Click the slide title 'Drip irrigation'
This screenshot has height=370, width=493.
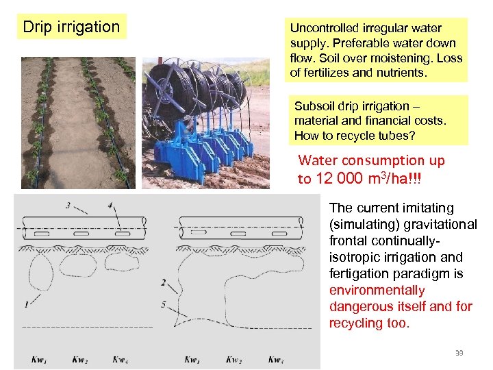click(x=71, y=27)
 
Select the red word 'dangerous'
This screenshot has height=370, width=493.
click(x=362, y=306)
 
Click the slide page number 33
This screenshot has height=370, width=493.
click(x=459, y=352)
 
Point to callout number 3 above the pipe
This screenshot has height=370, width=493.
click(x=68, y=205)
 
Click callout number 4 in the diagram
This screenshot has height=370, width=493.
click(x=110, y=205)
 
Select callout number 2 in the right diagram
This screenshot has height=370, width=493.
click(x=163, y=282)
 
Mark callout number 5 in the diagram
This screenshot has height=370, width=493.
click(x=163, y=304)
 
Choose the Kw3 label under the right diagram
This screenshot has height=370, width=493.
click(x=276, y=359)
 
